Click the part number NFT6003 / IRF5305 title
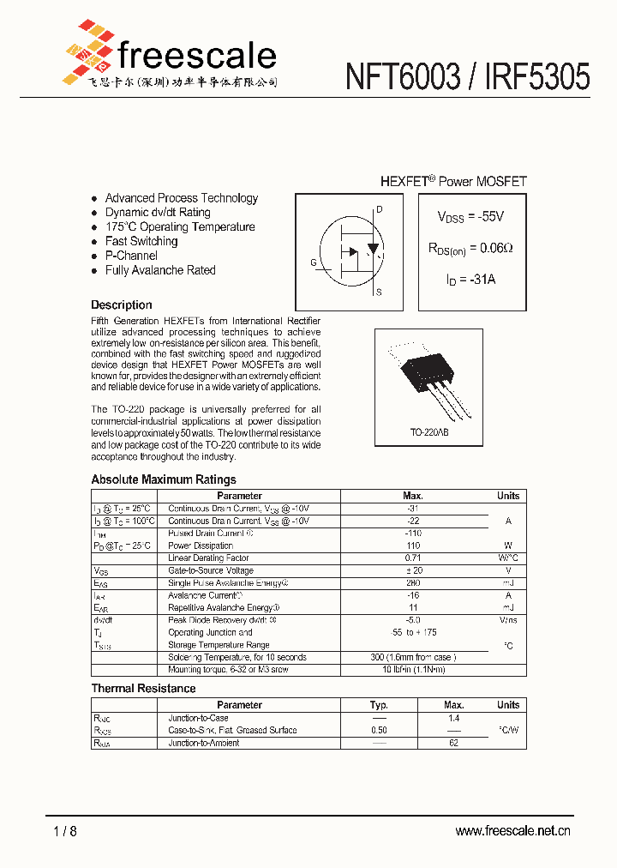click(467, 78)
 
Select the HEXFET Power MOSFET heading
click(453, 181)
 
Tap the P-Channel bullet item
click(131, 256)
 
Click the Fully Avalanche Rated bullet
click(159, 270)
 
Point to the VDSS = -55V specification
click(470, 217)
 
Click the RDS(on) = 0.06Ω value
click(470, 249)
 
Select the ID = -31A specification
click(470, 280)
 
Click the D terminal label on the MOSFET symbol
click(379, 209)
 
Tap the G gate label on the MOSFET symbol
click(314, 262)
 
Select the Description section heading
click(122, 304)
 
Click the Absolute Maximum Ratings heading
click(164, 479)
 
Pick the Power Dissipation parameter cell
click(201, 546)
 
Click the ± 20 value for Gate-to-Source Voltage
click(413, 570)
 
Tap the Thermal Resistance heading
click(143, 688)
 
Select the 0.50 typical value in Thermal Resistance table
click(379, 731)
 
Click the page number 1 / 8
click(65, 830)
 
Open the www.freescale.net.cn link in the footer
click(512, 830)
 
